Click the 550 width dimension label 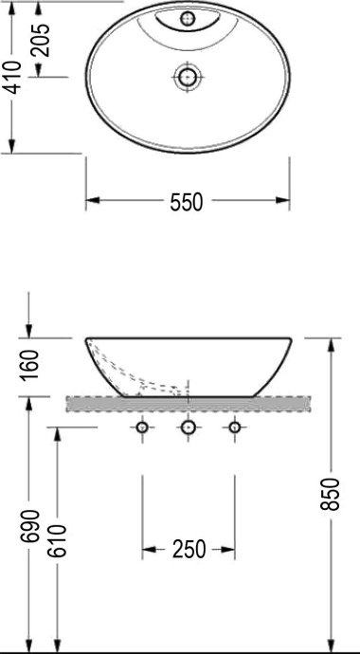[x=187, y=202]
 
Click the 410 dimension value [x=11, y=76]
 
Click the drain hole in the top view [x=188, y=77]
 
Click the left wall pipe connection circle [x=142, y=428]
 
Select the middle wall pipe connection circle [x=188, y=428]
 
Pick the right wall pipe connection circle [x=234, y=428]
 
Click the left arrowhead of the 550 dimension [x=92, y=201]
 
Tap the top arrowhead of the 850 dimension [x=331, y=343]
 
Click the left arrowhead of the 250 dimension [x=148, y=549]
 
